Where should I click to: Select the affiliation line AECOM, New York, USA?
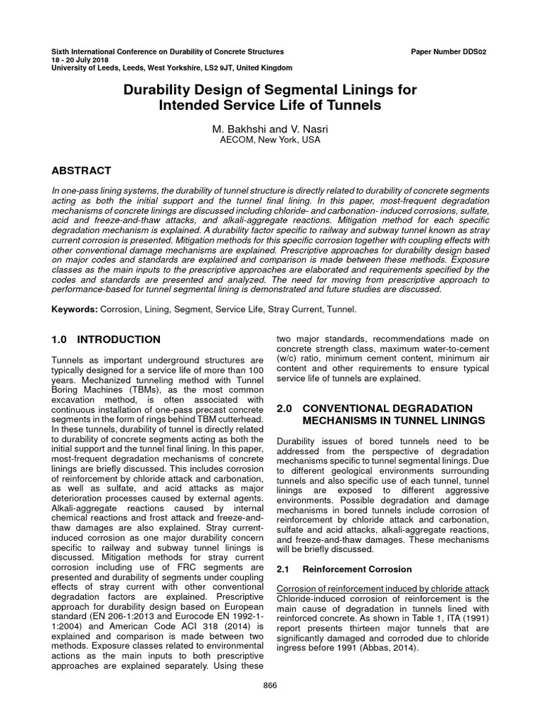pos(270,140)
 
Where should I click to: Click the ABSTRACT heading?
pos(82,170)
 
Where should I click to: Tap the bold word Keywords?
pos(75,309)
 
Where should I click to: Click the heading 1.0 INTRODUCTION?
pos(106,339)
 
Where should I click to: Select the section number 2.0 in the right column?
pos(285,408)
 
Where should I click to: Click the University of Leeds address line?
pos(173,68)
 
